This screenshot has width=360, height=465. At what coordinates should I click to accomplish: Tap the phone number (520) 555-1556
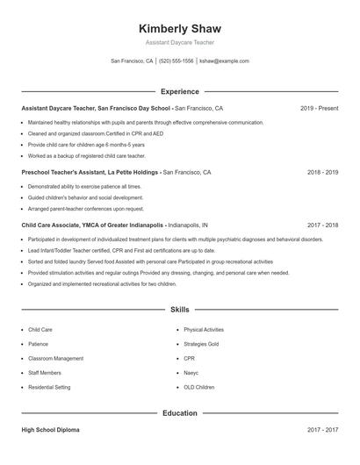[176, 61]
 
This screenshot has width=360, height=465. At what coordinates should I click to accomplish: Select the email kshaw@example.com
[224, 61]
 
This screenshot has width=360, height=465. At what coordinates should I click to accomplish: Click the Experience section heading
[179, 91]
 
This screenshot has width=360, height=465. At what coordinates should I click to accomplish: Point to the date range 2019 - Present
[319, 109]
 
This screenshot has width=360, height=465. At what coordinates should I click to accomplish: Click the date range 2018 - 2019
[322, 173]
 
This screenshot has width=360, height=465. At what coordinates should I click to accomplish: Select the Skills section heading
[179, 310]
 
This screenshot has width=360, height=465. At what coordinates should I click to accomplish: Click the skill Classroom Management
[55, 358]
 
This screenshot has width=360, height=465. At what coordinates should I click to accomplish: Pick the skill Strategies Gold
[201, 344]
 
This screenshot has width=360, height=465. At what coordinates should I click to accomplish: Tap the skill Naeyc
[191, 372]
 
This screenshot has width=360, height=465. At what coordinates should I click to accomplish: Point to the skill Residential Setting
[50, 386]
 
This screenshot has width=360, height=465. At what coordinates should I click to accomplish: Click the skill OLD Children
[198, 386]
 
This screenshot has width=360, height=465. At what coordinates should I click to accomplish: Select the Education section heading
[179, 412]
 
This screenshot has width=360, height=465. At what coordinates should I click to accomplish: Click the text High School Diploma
[52, 430]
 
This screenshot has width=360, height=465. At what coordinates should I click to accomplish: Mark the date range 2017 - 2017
[322, 430]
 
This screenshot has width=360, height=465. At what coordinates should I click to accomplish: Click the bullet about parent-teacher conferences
[85, 209]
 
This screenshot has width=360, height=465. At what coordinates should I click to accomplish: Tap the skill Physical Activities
[204, 330]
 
